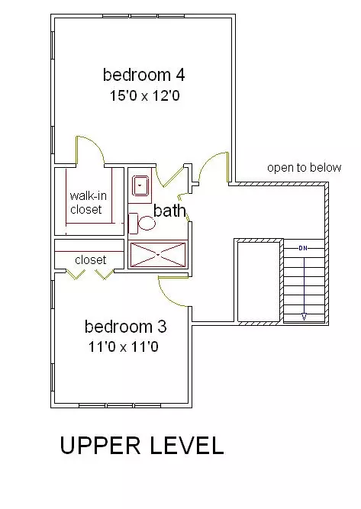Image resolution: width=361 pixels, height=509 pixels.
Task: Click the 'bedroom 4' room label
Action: pyautogui.click(x=143, y=75)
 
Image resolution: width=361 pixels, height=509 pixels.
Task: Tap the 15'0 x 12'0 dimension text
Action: pyautogui.click(x=144, y=95)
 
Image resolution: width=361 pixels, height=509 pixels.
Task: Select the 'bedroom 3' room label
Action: pyautogui.click(x=126, y=327)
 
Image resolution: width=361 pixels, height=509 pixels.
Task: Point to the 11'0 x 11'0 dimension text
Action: pyautogui.click(x=124, y=346)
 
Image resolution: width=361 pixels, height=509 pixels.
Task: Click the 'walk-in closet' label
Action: pyautogui.click(x=88, y=202)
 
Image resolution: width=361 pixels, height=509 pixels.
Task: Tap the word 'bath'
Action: pyautogui.click(x=169, y=211)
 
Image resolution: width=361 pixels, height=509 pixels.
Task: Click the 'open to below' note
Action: pyautogui.click(x=305, y=167)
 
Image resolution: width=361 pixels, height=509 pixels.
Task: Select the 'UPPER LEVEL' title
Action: pyautogui.click(x=142, y=446)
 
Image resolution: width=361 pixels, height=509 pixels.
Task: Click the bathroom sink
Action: pyautogui.click(x=140, y=185)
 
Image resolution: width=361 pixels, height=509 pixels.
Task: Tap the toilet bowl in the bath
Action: pyautogui.click(x=147, y=223)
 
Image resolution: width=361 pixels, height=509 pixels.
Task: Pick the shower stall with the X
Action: pyautogui.click(x=158, y=255)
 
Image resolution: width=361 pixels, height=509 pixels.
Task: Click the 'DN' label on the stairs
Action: pyautogui.click(x=302, y=248)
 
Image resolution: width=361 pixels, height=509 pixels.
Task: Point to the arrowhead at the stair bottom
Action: pyautogui.click(x=304, y=317)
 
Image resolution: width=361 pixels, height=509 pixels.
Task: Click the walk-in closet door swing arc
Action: pyautogui.click(x=95, y=145)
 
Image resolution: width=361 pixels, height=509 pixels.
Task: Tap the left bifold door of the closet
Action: pyautogui.click(x=74, y=275)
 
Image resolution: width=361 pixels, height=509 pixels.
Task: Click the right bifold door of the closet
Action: pyautogui.click(x=105, y=275)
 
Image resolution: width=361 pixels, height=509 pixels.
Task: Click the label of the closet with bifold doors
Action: pyautogui.click(x=91, y=259)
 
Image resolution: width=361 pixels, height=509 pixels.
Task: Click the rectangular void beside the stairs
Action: pyautogui.click(x=259, y=282)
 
